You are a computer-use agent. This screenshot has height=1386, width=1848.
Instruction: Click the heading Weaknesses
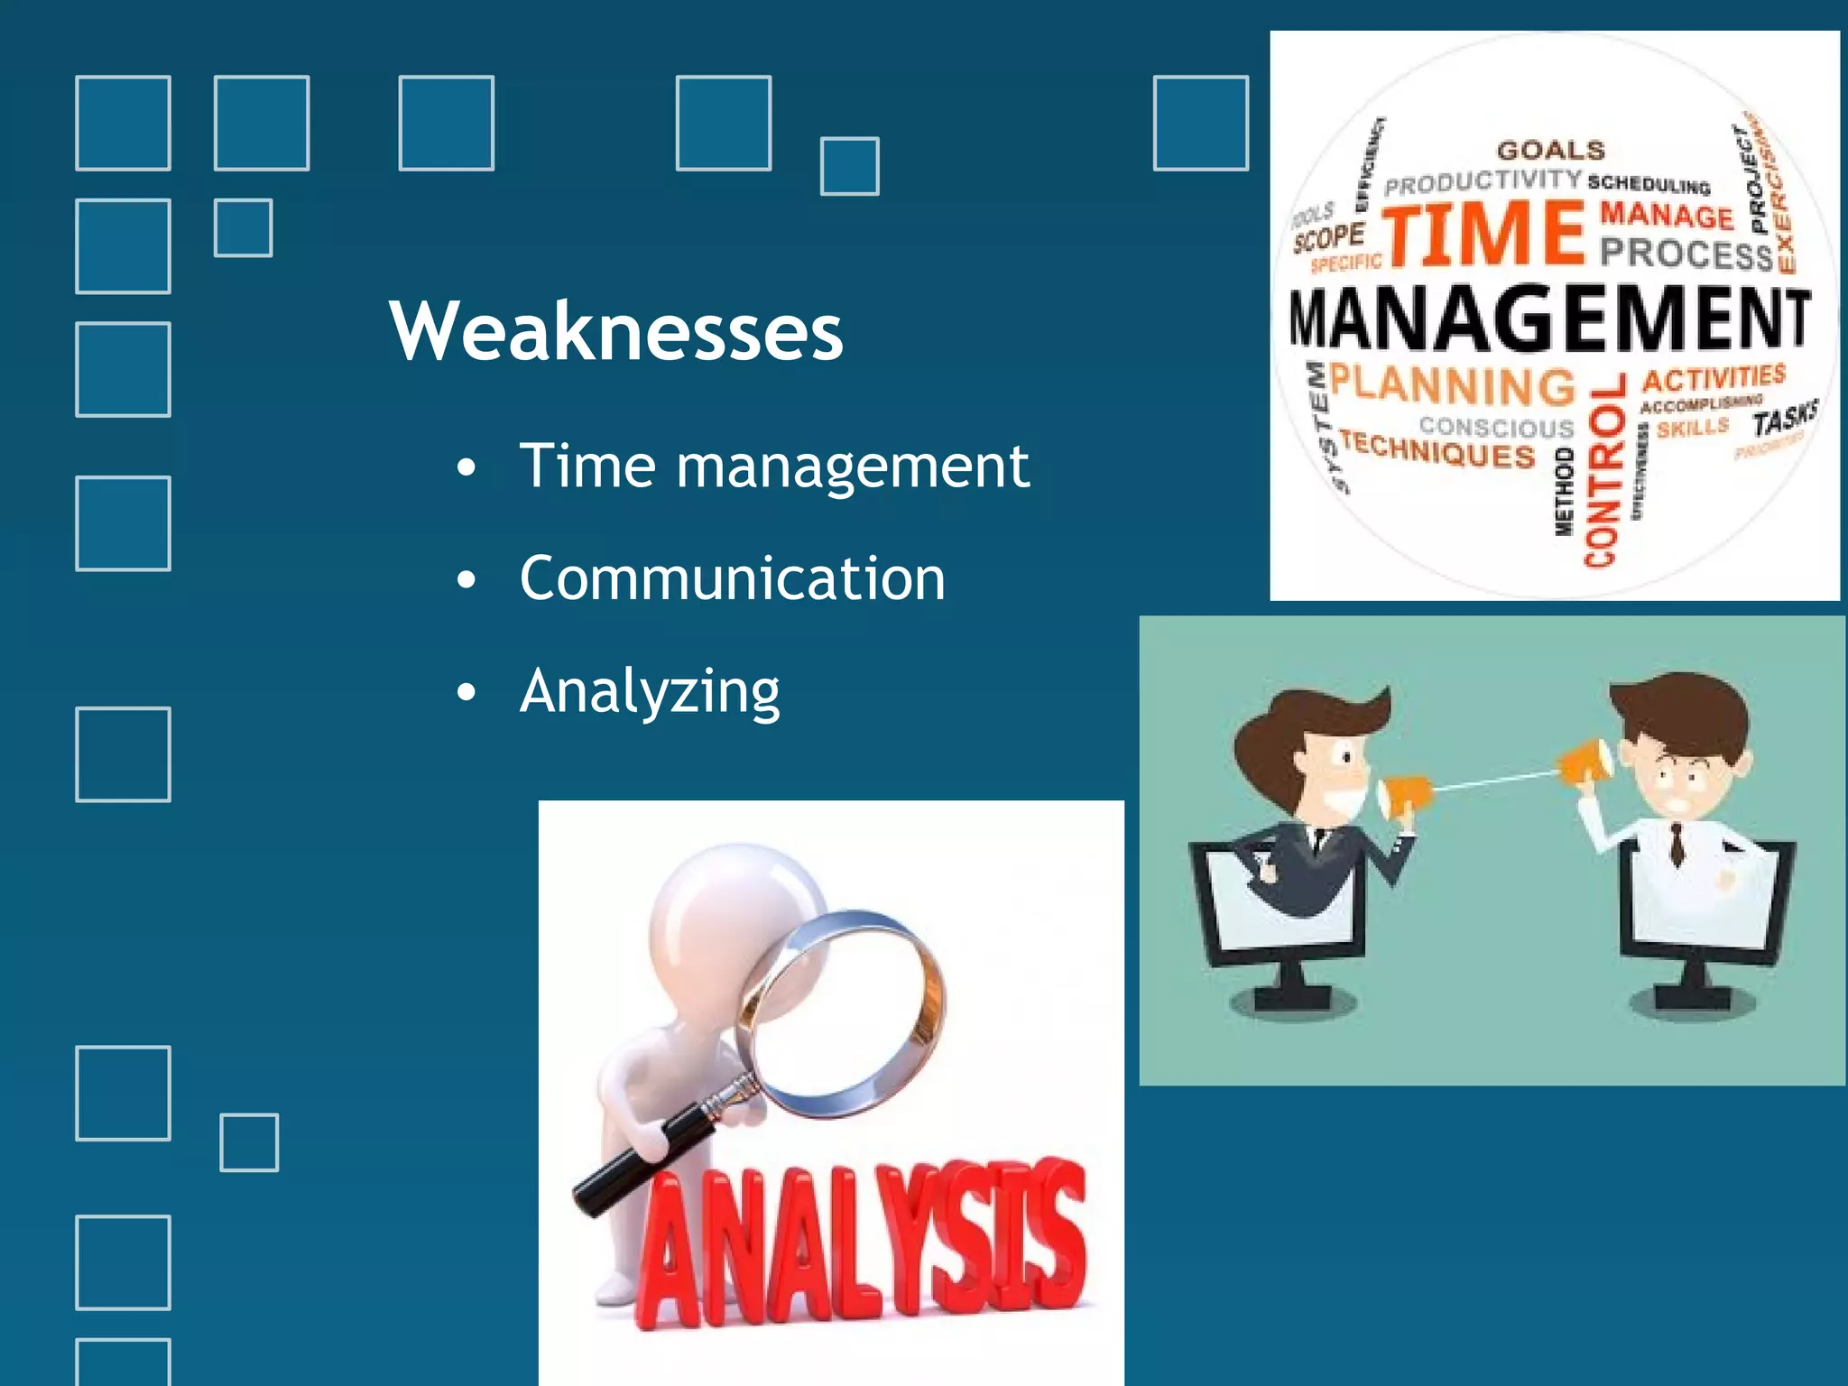click(x=616, y=331)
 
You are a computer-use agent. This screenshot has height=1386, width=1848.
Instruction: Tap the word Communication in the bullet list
click(x=732, y=578)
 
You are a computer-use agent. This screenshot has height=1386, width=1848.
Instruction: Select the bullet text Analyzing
click(x=650, y=691)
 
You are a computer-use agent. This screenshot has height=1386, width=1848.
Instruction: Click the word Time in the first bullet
click(x=587, y=467)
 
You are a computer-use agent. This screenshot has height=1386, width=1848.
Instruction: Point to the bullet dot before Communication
click(x=466, y=580)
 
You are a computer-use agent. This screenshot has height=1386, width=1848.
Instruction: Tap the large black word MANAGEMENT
click(x=1548, y=318)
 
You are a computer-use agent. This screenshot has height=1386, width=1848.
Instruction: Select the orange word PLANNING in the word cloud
click(x=1452, y=385)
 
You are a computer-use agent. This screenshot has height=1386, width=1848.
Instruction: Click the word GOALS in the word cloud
click(x=1551, y=151)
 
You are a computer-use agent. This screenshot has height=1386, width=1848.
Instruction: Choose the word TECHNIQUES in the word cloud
click(x=1437, y=449)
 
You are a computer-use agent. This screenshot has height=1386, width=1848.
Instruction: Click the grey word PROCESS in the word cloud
click(x=1686, y=254)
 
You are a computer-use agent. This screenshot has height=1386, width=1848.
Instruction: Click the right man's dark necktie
click(x=1677, y=845)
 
